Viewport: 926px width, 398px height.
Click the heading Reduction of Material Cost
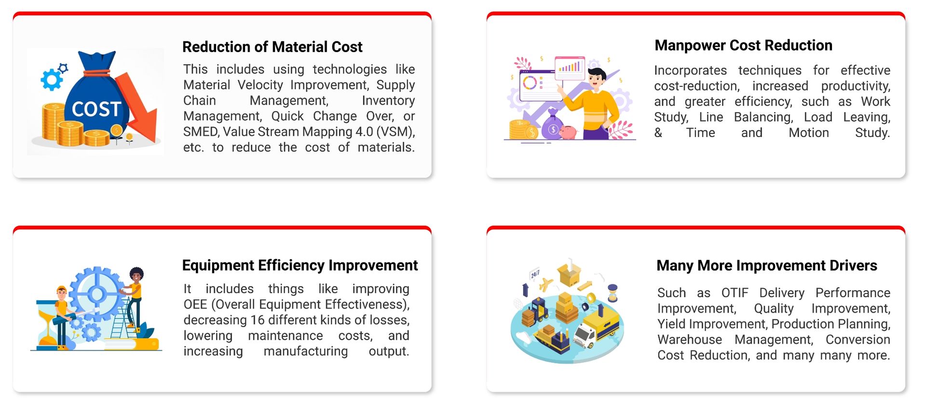coord(272,47)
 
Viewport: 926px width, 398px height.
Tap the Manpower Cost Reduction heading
coord(743,45)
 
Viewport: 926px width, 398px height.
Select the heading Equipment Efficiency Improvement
coord(300,265)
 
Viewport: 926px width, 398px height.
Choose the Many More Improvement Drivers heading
coord(766,265)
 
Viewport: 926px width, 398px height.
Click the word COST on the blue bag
coord(96,109)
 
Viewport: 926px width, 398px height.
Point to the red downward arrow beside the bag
coord(140,110)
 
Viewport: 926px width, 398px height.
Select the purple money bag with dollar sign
coord(552,126)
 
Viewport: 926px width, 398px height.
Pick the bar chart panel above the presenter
coord(570,68)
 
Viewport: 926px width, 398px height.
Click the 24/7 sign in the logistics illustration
coord(535,274)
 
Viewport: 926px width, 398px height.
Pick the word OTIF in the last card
coord(735,293)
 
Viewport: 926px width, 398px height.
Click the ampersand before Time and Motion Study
coord(658,133)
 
